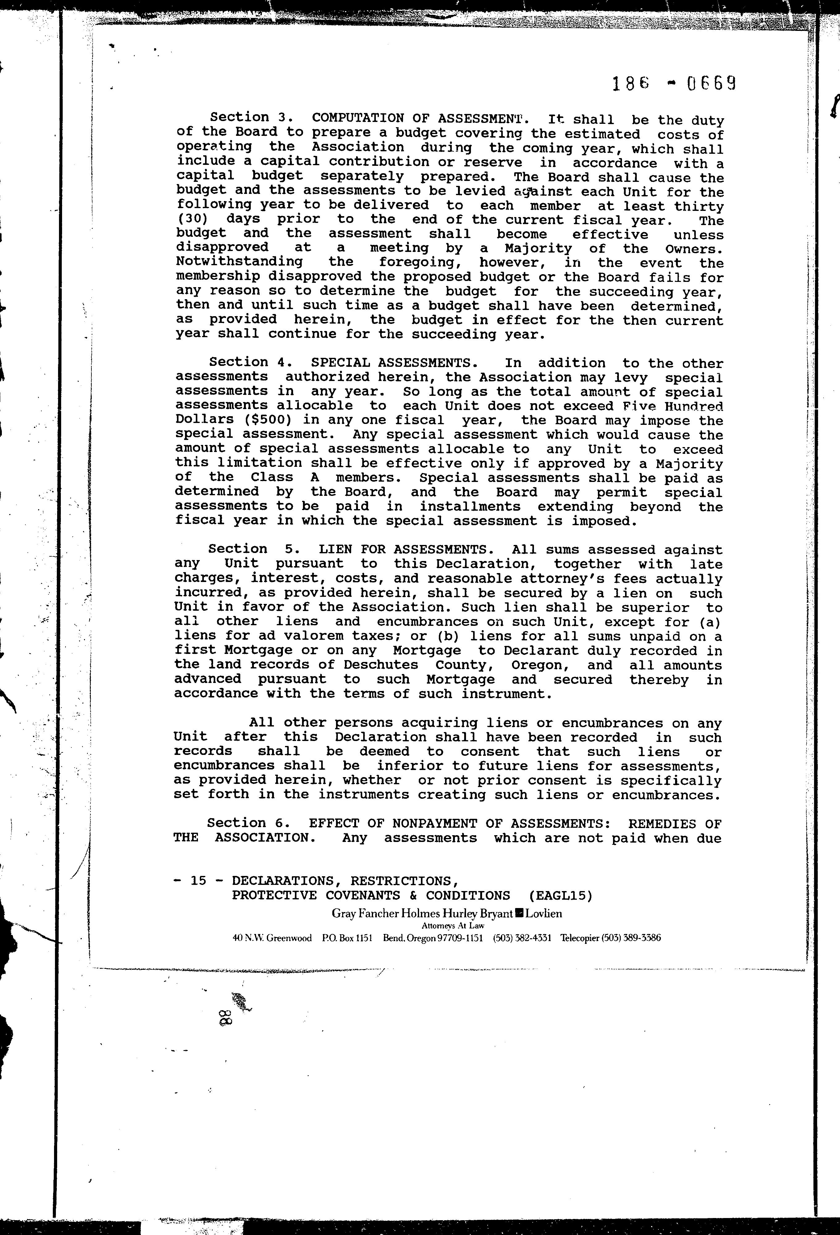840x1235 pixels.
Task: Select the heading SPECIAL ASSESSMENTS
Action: click(x=394, y=363)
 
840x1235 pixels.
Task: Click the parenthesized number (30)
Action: click(x=193, y=219)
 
